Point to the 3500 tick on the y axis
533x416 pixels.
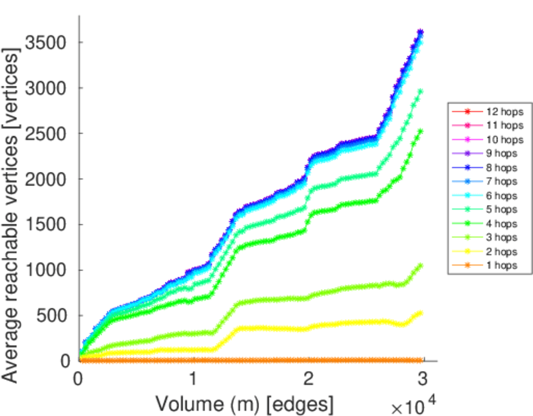(45, 43)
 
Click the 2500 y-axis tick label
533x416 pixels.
(45, 134)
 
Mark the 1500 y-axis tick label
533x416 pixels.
(45, 225)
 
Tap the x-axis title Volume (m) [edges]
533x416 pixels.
(244, 403)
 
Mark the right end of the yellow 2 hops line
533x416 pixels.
(420, 313)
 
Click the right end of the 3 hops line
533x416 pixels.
(420, 266)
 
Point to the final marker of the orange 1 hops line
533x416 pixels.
(420, 361)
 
